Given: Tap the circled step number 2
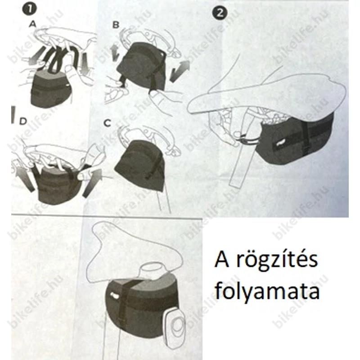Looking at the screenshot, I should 219,13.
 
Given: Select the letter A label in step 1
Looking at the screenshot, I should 32,25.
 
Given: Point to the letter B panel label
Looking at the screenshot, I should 116,25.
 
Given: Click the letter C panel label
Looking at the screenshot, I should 107,122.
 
